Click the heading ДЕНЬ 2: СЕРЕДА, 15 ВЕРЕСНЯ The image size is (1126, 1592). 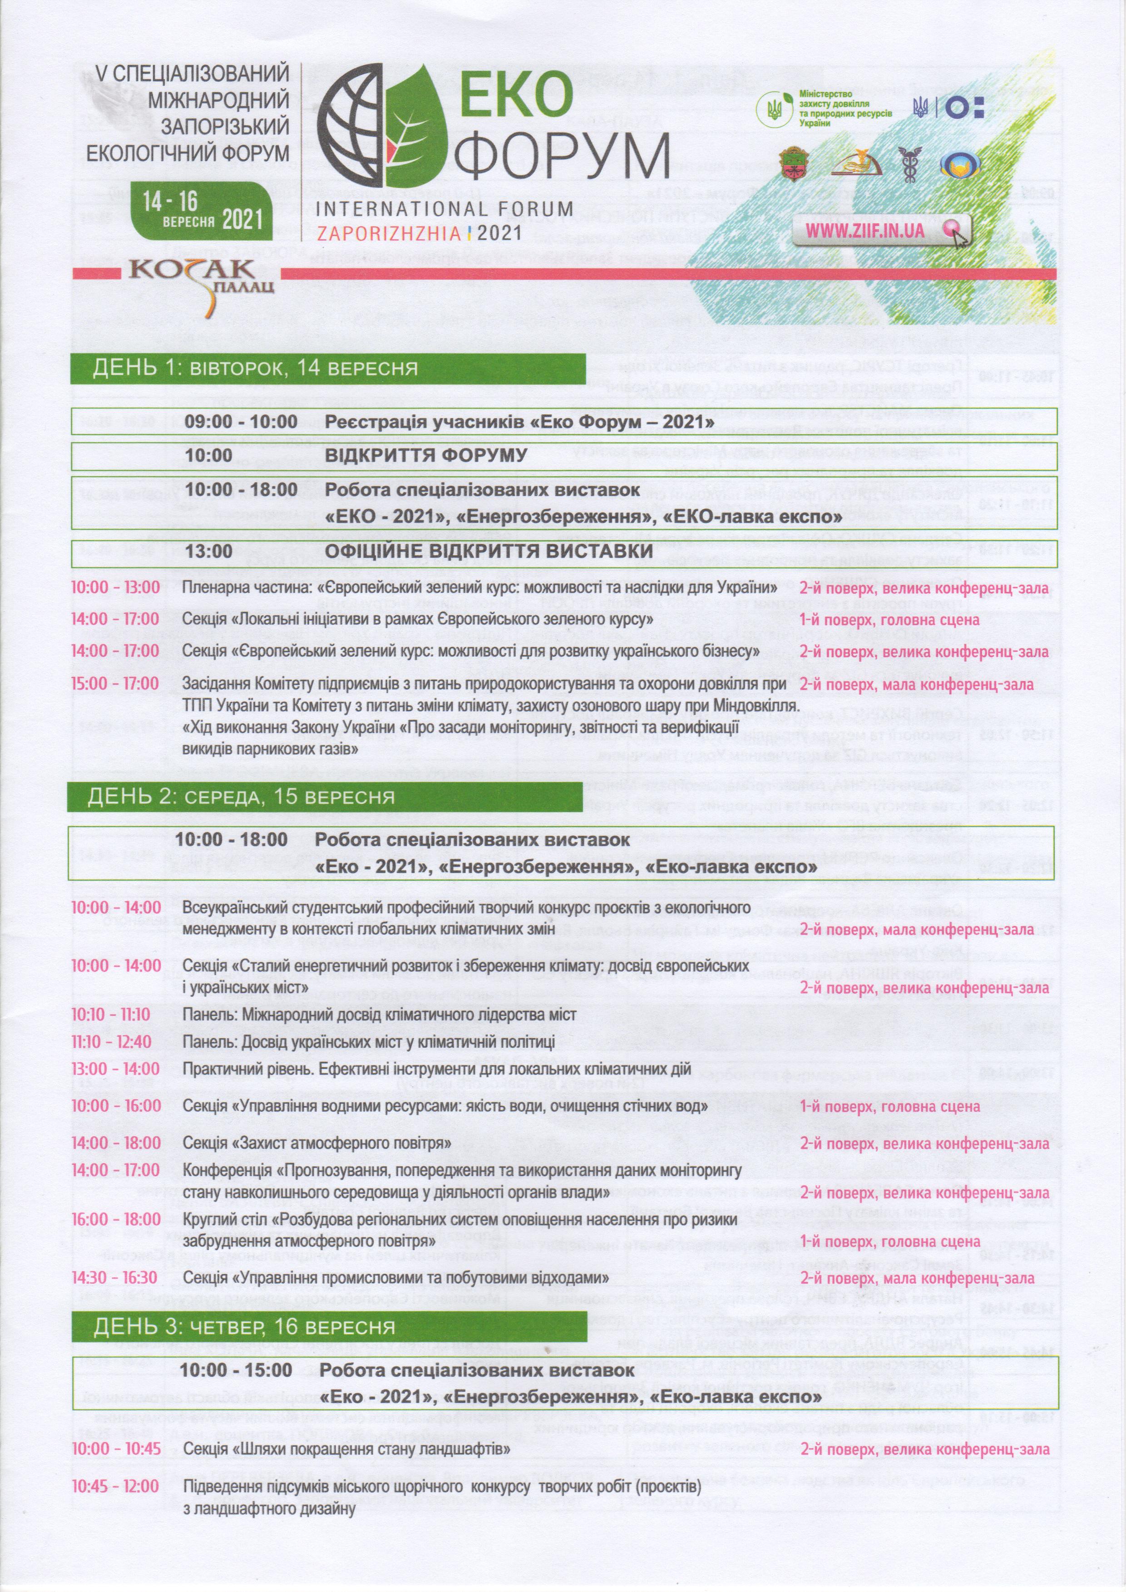tap(241, 797)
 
